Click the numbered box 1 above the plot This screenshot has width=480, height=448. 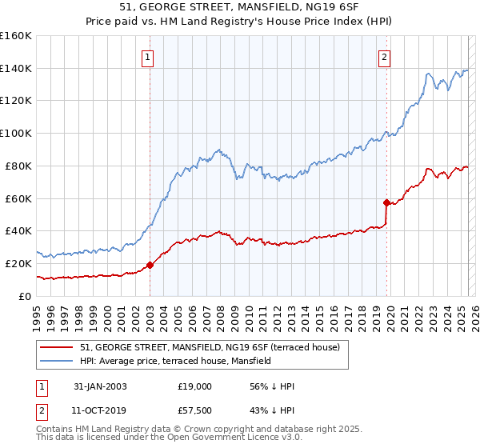(150, 57)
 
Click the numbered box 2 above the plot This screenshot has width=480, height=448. (385, 57)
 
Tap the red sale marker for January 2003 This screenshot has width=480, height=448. (150, 265)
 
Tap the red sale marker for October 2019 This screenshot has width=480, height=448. (386, 202)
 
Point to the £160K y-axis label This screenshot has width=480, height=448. (16, 36)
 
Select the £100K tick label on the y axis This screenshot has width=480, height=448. (16, 134)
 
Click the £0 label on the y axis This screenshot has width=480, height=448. (24, 296)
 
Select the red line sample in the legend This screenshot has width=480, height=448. (57, 347)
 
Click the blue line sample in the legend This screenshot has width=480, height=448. (57, 361)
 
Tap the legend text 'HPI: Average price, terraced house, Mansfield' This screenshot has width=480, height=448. (175, 361)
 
